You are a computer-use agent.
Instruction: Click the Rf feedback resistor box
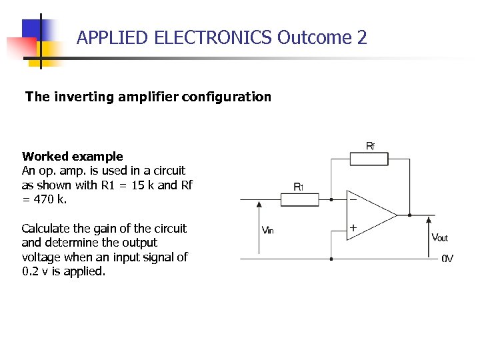369,159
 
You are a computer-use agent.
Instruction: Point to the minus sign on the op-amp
353,199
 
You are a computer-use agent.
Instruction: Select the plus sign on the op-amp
353,228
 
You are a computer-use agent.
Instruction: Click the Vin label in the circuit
267,230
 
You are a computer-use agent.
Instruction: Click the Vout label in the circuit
440,237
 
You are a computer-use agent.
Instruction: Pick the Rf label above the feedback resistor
370,145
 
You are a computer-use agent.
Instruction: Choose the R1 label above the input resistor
299,187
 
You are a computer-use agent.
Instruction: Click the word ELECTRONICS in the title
213,37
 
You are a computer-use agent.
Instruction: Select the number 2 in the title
362,37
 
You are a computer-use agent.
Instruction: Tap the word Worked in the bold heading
45,157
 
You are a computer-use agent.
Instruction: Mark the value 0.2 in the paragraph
30,271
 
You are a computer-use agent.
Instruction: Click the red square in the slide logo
21,47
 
